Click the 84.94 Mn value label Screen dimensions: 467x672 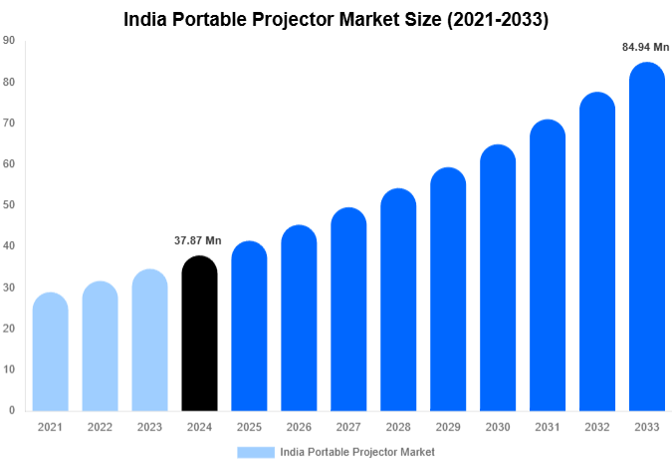(646, 46)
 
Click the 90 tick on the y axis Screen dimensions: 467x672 (9, 41)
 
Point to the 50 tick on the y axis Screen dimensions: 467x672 (9, 205)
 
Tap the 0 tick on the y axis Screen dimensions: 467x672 (12, 410)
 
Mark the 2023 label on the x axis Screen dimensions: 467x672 (149, 427)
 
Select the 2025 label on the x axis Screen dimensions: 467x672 (249, 427)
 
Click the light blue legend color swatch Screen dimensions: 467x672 (256, 452)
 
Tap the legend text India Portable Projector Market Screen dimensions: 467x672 (357, 452)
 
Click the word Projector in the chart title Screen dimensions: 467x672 (279, 19)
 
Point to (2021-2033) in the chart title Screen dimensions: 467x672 (493, 19)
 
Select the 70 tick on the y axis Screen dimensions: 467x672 (9, 123)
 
